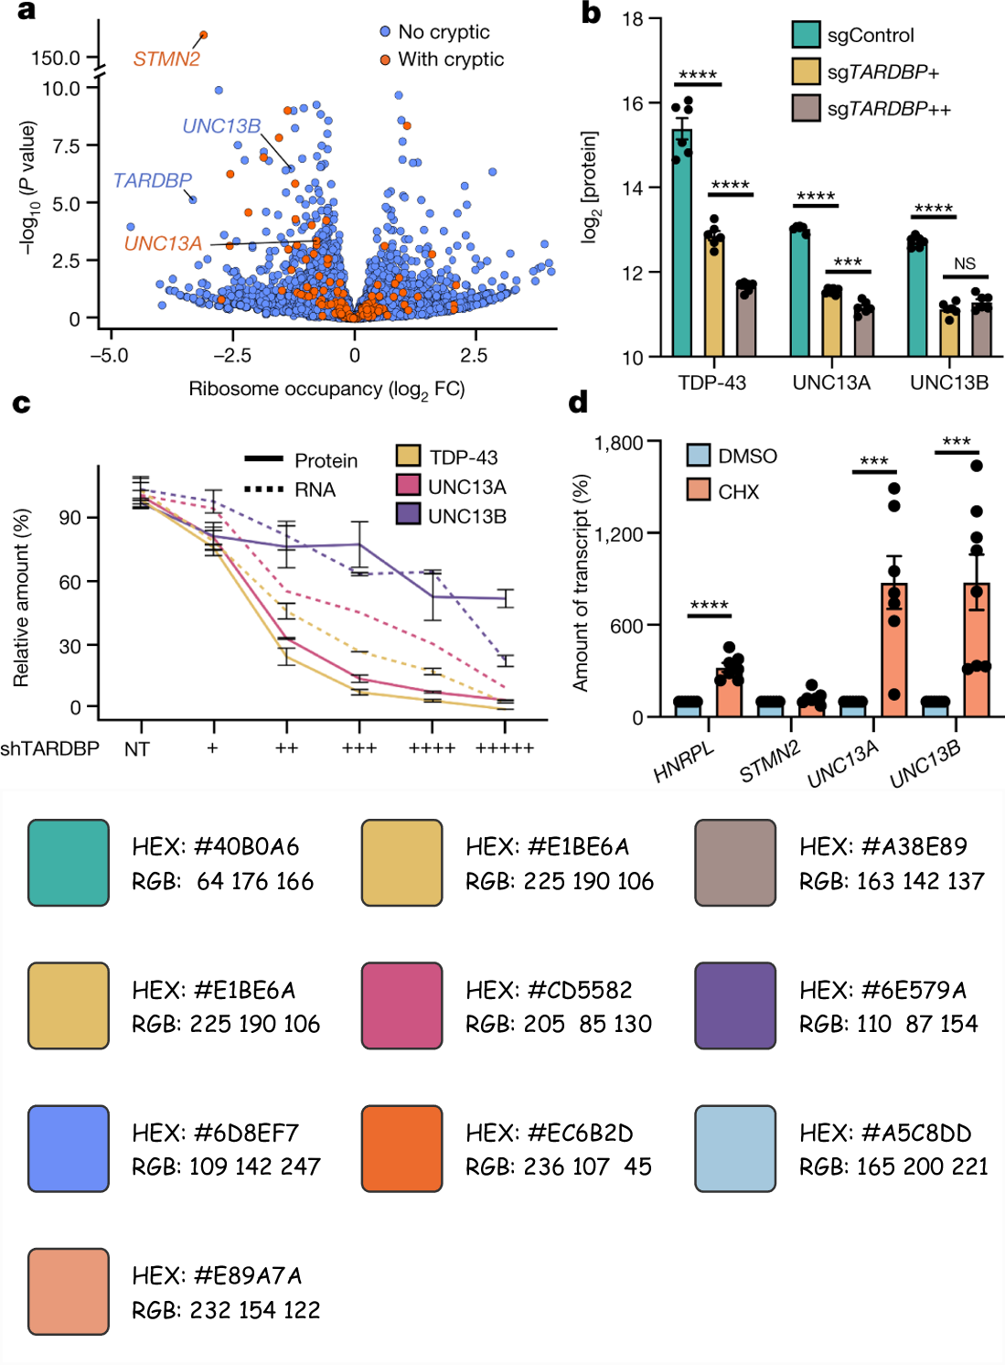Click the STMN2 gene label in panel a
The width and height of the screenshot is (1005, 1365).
pyautogui.click(x=166, y=59)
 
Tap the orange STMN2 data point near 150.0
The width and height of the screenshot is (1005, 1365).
pyautogui.click(x=203, y=35)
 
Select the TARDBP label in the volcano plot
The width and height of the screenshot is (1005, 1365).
pyautogui.click(x=152, y=180)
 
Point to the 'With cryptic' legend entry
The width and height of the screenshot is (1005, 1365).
pyautogui.click(x=450, y=59)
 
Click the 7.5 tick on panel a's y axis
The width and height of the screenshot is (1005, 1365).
pyautogui.click(x=66, y=145)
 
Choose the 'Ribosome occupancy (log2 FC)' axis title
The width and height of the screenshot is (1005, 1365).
pyautogui.click(x=326, y=389)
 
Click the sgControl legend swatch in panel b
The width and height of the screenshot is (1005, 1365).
pyautogui.click(x=806, y=35)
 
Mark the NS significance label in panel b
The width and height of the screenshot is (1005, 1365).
pyautogui.click(x=965, y=263)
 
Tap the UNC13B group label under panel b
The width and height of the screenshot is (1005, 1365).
pyautogui.click(x=949, y=382)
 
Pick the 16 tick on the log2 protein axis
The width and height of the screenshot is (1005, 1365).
pyautogui.click(x=633, y=103)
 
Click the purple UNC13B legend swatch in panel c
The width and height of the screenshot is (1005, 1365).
pyautogui.click(x=408, y=514)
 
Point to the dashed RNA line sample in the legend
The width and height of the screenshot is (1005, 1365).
pyautogui.click(x=264, y=489)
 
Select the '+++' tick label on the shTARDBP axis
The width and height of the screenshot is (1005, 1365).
pyautogui.click(x=359, y=748)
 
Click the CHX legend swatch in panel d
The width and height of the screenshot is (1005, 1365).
pyautogui.click(x=699, y=490)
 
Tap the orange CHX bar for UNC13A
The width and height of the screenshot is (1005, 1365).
pyautogui.click(x=893, y=650)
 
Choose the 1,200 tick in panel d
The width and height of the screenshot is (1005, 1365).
pyautogui.click(x=618, y=534)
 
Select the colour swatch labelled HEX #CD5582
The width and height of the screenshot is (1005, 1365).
pyautogui.click(x=401, y=1005)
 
